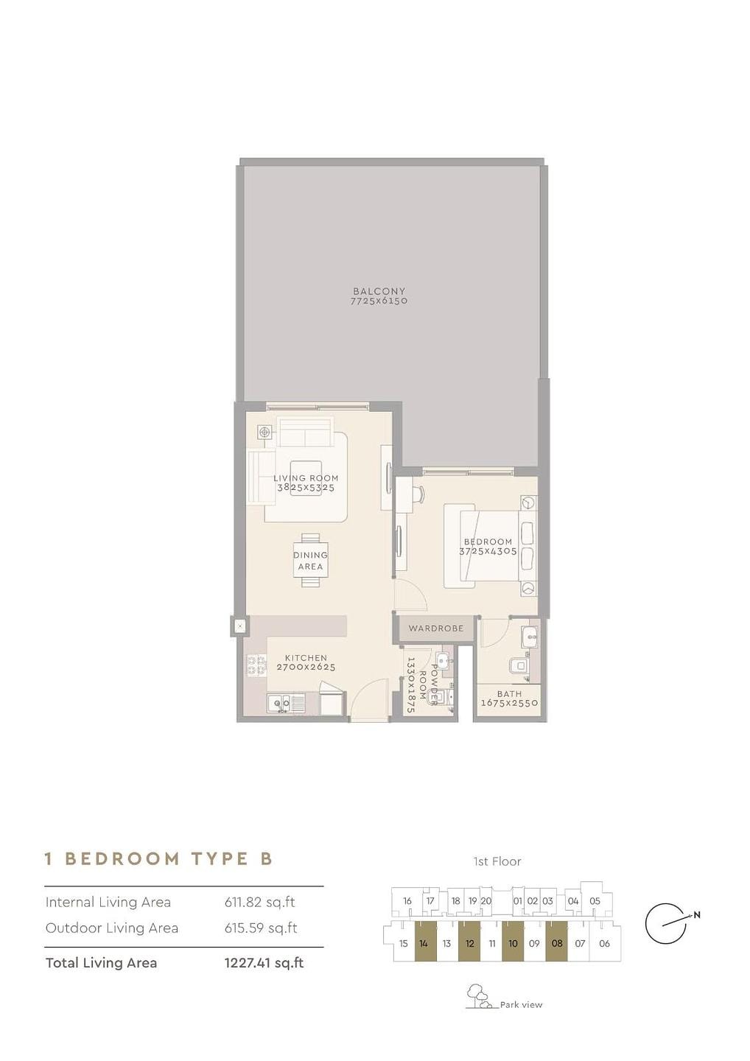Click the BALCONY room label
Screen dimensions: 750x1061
click(379, 291)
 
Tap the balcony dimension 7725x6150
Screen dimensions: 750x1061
click(379, 301)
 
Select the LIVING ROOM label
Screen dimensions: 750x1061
click(306, 478)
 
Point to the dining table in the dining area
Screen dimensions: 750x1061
click(311, 560)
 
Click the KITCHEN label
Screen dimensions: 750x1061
click(306, 658)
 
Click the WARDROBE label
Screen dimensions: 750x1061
click(435, 628)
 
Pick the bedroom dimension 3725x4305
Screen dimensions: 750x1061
click(488, 551)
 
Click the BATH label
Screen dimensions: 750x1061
click(510, 693)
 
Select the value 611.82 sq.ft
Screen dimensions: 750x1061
click(259, 903)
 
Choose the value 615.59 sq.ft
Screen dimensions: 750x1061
click(261, 928)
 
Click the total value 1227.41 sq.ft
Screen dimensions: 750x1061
click(264, 963)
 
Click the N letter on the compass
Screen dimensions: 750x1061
click(696, 915)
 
